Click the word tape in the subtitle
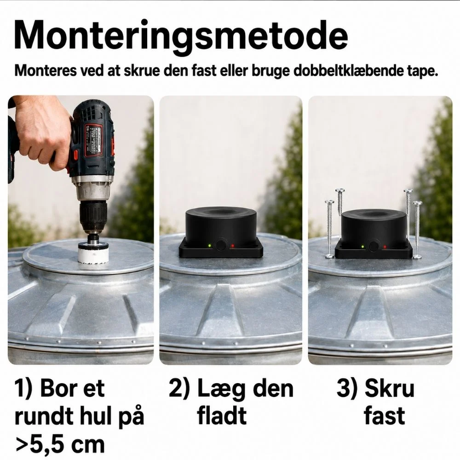tap(422, 71)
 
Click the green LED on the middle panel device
tap(209, 246)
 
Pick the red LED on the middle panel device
tap(233, 246)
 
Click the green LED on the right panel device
tap(363, 247)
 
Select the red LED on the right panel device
tap(385, 247)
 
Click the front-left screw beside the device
tap(329, 230)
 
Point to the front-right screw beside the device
tap(417, 230)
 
